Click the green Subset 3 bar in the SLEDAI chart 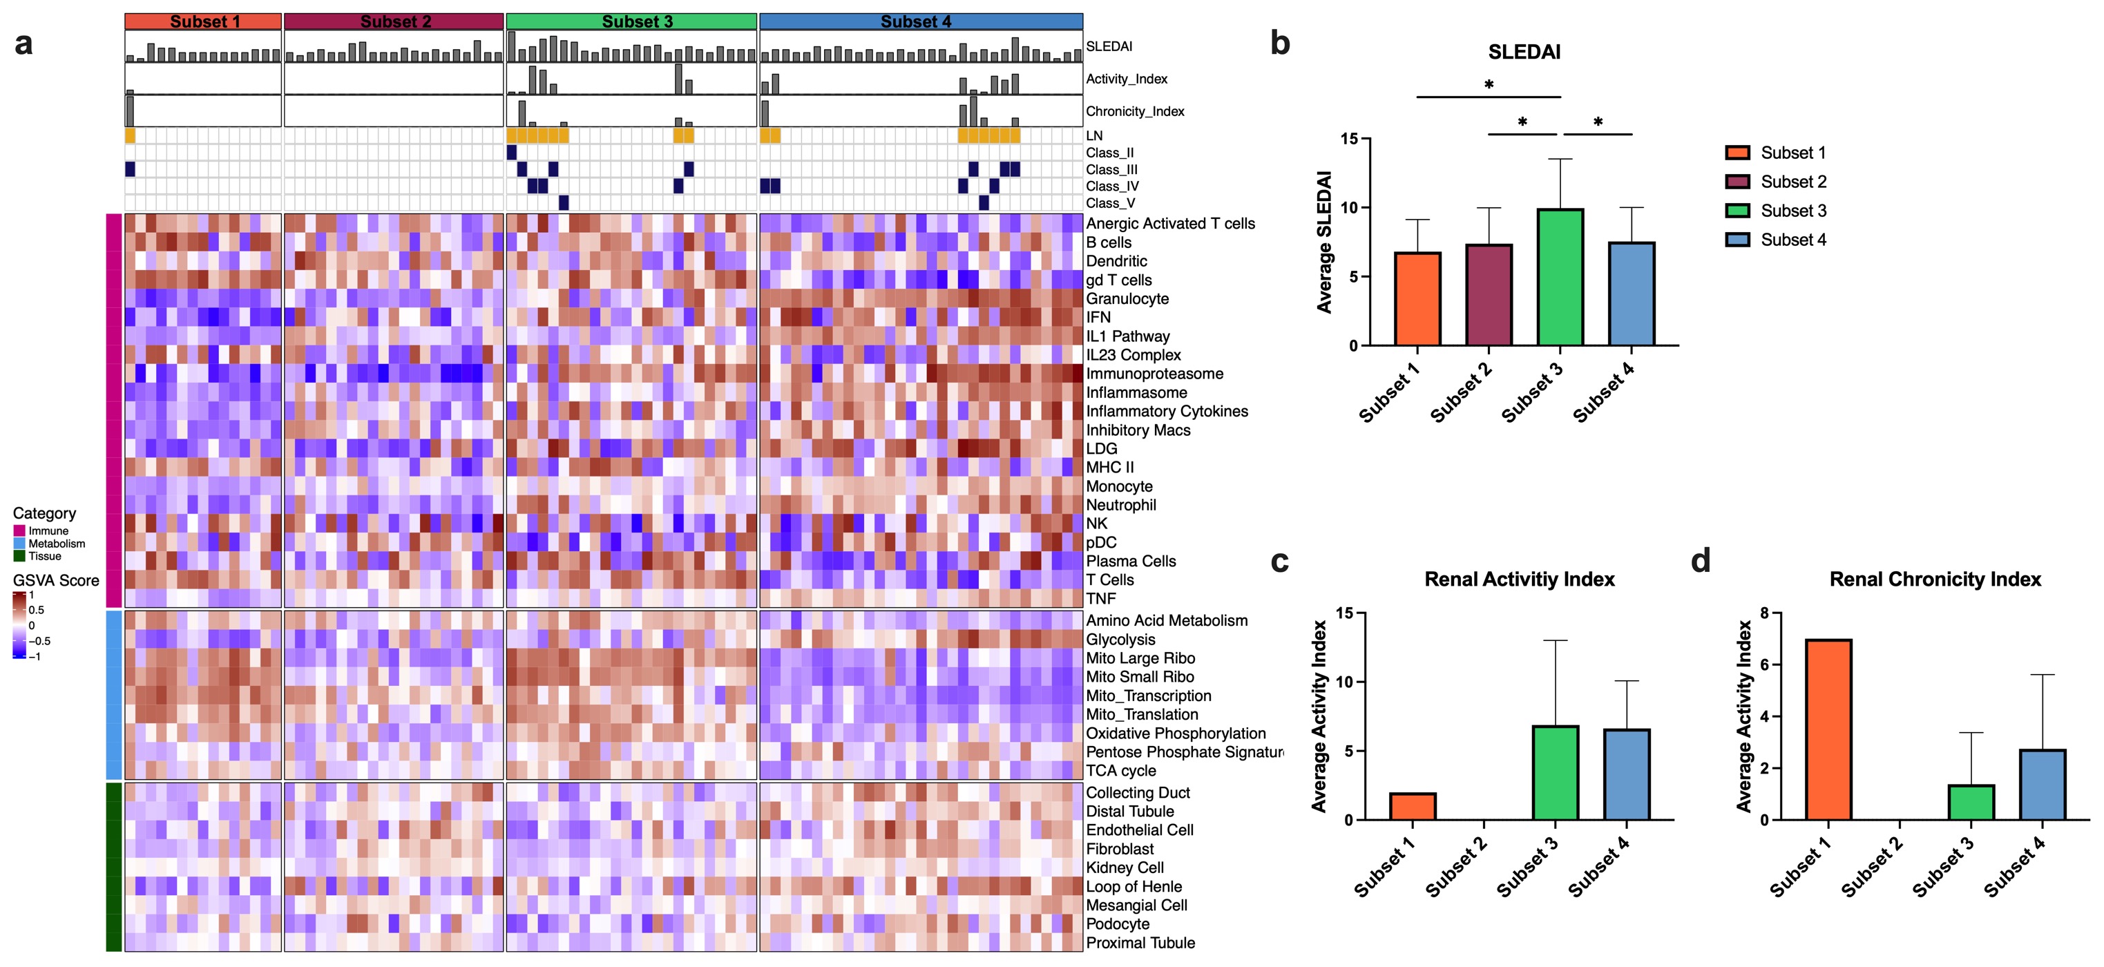1560,278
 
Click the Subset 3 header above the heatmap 631,21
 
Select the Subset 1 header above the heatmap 202,21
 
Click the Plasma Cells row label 1131,561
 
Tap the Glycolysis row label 1120,640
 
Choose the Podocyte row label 1118,923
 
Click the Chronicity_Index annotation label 1134,111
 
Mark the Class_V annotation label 1110,203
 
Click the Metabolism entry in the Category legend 57,543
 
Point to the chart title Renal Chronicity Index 1934,579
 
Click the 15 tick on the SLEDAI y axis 1348,139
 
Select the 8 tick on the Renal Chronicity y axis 1764,613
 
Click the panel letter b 1280,44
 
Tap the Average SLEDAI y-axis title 1324,242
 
